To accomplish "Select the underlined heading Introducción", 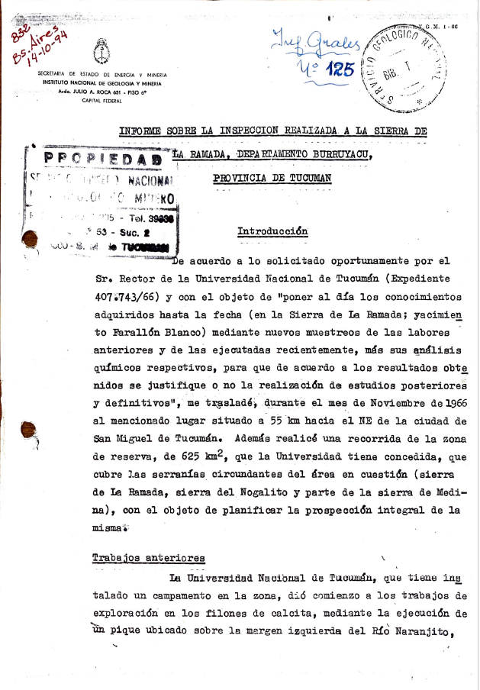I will (272, 231).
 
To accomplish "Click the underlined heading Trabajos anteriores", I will (148, 558).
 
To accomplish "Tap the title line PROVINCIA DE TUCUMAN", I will (272, 178).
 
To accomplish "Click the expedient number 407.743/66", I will (129, 296).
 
